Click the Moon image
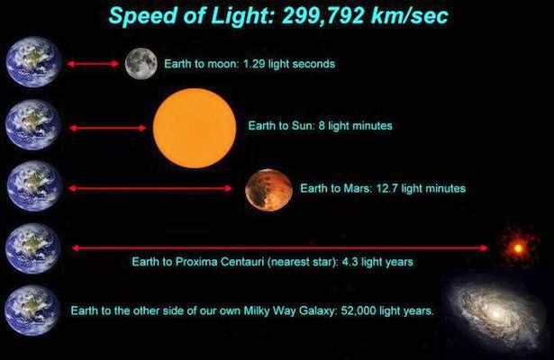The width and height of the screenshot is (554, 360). coord(141,64)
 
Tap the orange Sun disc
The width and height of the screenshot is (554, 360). coord(195,128)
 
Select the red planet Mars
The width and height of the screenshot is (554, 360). coord(268,190)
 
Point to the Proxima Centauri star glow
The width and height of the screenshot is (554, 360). coord(518,248)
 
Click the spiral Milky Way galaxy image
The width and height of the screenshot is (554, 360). coord(495,312)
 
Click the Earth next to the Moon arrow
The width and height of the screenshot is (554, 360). coord(33,62)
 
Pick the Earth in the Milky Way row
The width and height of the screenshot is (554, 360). coord(32,310)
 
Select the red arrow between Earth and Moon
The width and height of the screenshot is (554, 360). coord(93,64)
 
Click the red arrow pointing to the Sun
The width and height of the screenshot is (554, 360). coord(108,128)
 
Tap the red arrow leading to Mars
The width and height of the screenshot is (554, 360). coord(150,188)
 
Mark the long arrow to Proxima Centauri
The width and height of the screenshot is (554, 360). coord(280,248)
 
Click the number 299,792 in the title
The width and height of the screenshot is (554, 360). coord(323,16)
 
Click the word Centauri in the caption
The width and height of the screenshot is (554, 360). coord(242,262)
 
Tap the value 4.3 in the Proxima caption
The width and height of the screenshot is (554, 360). coord(350,262)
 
